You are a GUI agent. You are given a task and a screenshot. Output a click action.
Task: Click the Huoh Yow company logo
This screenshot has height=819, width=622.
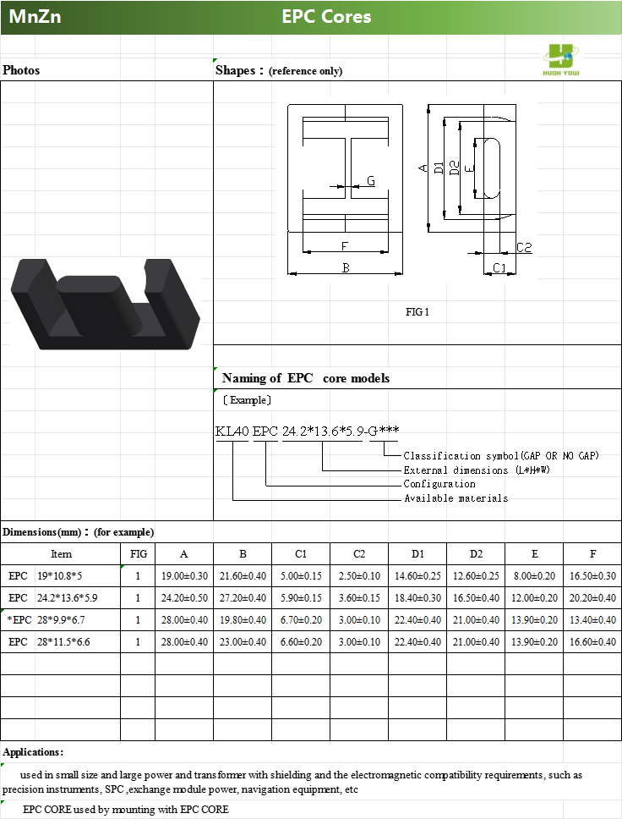click(561, 60)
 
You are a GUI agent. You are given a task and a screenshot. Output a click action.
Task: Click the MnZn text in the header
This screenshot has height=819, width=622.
click(35, 17)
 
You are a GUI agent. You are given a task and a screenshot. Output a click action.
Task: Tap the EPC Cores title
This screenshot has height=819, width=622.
click(326, 17)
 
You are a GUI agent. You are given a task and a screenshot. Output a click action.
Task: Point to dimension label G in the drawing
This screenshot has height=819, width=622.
click(371, 181)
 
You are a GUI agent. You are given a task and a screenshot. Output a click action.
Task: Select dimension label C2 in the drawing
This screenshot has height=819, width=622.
click(524, 248)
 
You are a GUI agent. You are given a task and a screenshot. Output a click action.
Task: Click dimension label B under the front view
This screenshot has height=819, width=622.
click(346, 268)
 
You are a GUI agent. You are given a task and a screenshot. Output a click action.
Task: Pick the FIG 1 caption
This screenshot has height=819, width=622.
click(417, 312)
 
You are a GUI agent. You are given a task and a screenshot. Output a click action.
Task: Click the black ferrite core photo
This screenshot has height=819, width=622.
click(106, 304)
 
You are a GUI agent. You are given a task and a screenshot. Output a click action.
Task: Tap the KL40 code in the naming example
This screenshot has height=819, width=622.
click(232, 431)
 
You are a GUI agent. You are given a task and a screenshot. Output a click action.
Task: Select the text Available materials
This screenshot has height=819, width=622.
click(456, 498)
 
